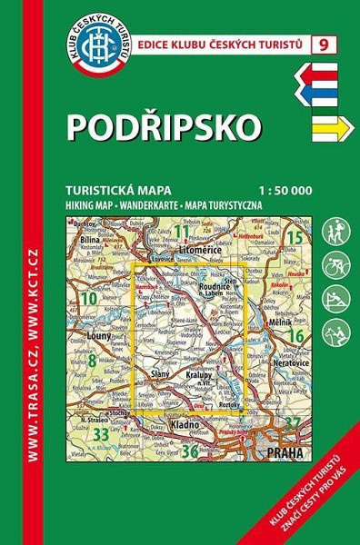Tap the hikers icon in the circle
click(334, 231)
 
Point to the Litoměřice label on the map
click(199, 246)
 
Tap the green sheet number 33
click(102, 435)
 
